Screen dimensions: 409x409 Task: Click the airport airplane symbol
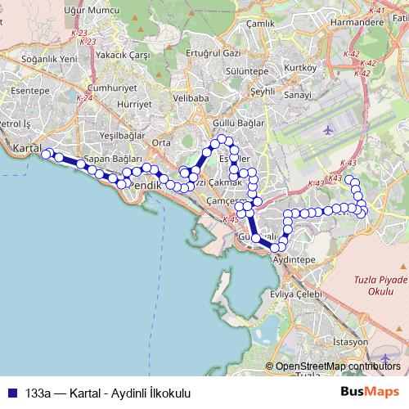click(329, 130)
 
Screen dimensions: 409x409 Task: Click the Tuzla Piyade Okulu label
click(380, 285)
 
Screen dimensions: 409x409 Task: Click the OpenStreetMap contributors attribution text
click(338, 366)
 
